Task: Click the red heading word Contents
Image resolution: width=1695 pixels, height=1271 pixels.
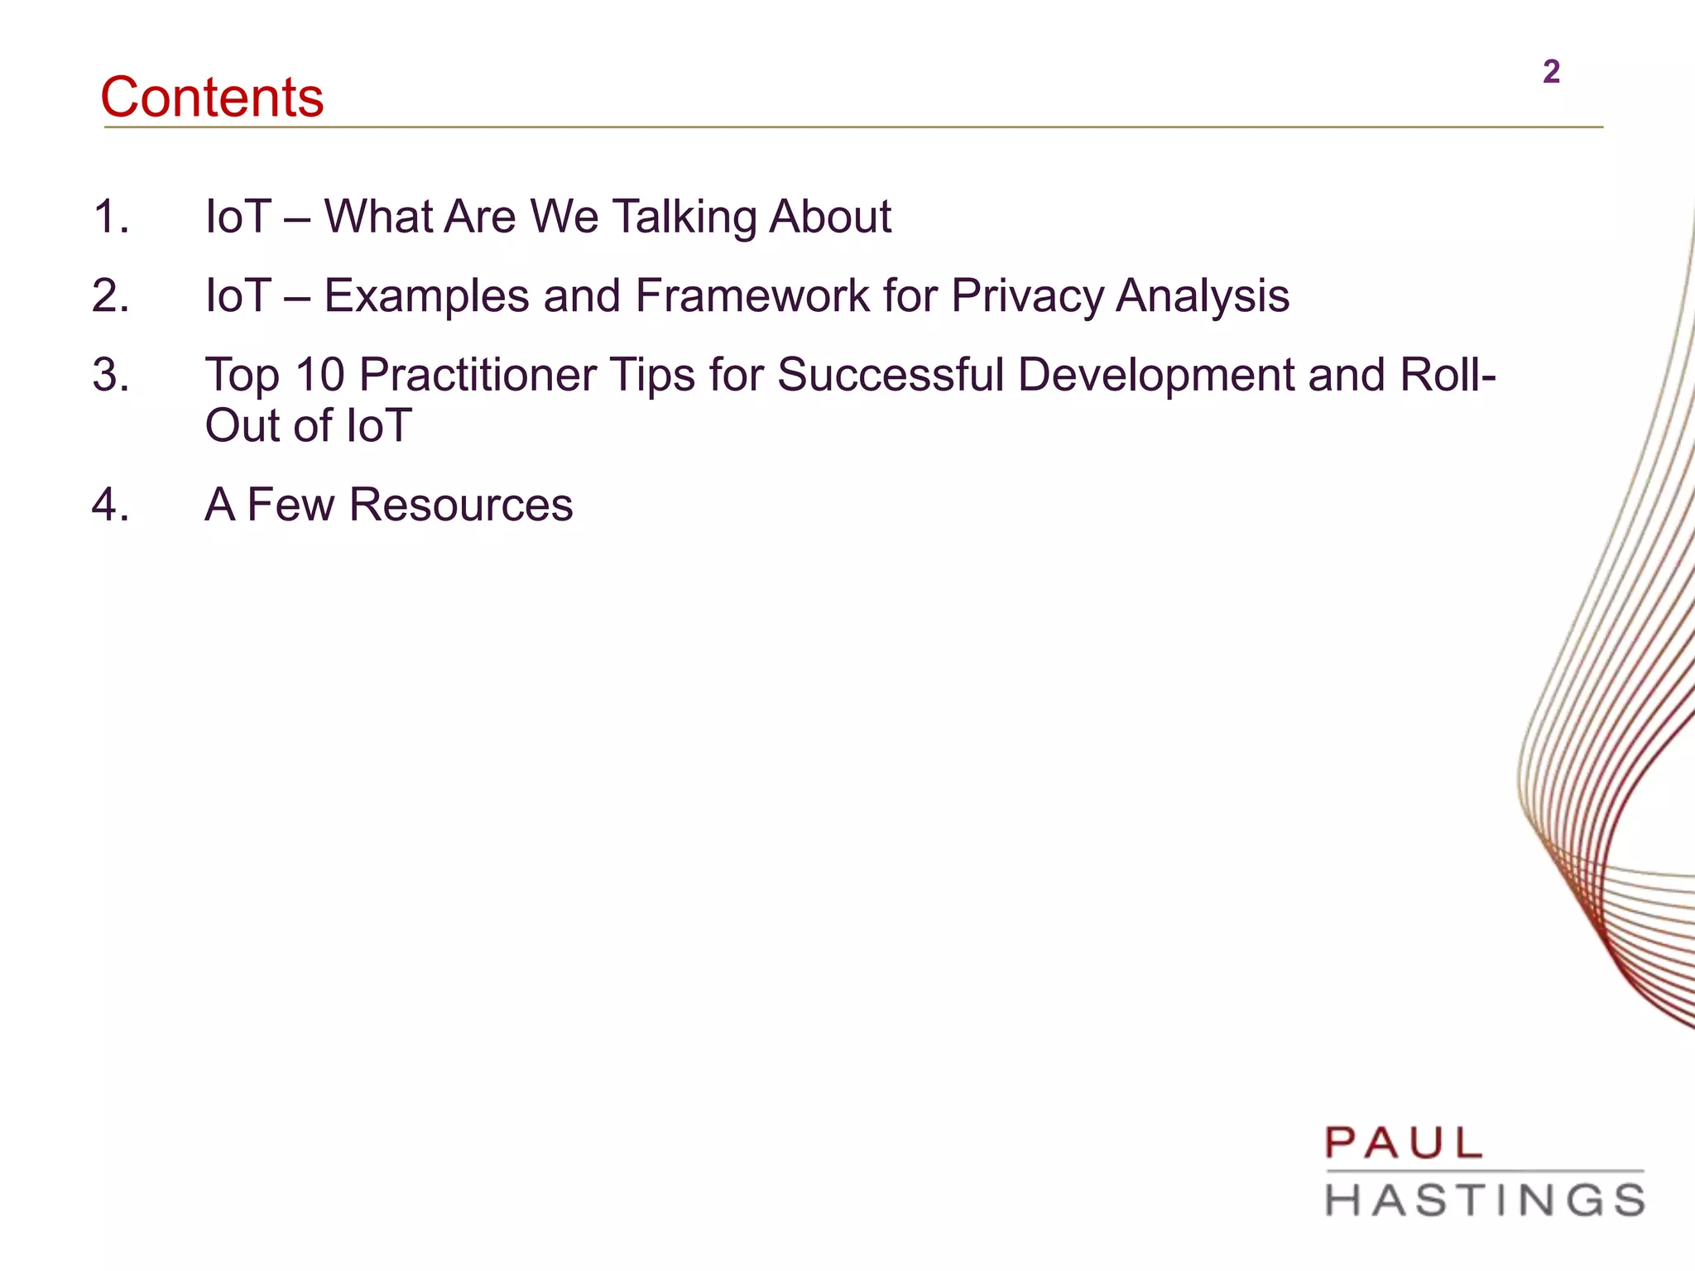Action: point(212,97)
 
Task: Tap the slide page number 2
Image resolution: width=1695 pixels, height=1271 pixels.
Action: point(1551,72)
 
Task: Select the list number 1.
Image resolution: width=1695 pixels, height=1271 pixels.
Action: point(111,217)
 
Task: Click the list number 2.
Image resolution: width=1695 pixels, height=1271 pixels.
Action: point(111,295)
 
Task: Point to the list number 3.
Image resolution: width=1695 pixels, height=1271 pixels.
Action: point(111,374)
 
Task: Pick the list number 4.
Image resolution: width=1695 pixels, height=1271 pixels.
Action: point(111,505)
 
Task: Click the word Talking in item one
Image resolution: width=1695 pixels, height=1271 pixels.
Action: point(684,217)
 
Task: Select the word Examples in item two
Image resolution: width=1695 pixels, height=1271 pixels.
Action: point(425,295)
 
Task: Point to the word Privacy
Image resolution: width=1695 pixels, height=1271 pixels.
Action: point(1026,295)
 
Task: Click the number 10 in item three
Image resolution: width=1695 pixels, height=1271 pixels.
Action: point(319,374)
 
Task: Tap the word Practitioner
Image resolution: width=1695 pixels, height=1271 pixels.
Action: point(478,374)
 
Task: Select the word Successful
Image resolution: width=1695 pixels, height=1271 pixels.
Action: point(890,374)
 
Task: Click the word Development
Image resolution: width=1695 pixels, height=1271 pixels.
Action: point(1155,374)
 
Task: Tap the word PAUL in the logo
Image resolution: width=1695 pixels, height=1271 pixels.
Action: point(1404,1144)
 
